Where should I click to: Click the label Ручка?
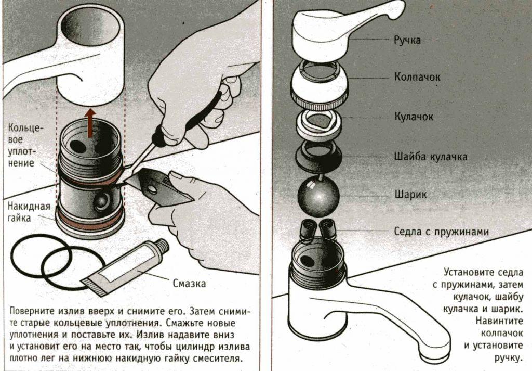pos(407,40)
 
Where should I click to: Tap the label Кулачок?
pos(413,117)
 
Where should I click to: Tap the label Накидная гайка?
pos(29,212)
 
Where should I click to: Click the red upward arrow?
pos(91,122)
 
